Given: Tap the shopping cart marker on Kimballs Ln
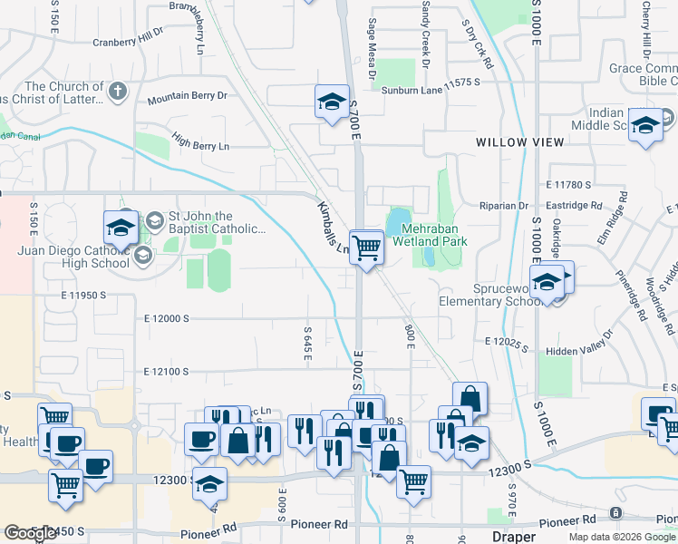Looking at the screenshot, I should coord(366,247).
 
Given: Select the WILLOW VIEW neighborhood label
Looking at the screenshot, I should coord(520,142).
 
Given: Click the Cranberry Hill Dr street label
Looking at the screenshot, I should coord(127,40).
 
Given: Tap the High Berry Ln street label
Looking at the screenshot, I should coord(200,145).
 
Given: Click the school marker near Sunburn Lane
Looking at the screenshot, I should coord(332,102).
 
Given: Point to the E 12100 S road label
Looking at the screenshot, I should coord(166,372).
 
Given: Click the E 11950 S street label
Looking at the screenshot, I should coord(83,296).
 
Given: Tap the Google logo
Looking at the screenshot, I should coord(30,533).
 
